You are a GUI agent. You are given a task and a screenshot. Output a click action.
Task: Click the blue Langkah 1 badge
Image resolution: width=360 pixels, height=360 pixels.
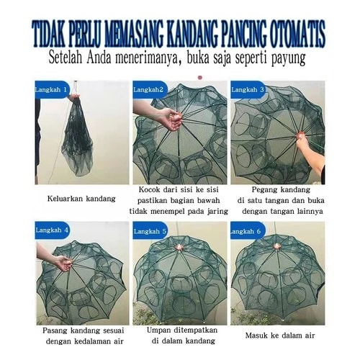coord(52,89)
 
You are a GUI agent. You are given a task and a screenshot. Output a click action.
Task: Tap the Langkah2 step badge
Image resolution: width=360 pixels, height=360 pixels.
coord(150,89)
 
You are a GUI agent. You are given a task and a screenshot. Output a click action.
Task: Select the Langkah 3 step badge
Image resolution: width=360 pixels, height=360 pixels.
coord(248,89)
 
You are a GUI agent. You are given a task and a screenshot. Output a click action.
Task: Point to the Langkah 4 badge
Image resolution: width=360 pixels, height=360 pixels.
coord(52,230)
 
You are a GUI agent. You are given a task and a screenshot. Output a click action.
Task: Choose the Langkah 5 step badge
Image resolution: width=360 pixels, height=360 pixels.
coord(150,231)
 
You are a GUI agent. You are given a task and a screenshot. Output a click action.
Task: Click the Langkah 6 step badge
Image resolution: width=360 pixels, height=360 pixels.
coord(248,231)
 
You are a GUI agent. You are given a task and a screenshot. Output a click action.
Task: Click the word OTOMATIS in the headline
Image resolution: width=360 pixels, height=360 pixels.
coord(298,34)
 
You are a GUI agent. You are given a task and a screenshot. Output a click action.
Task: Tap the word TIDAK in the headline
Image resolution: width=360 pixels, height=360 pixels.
coord(49,34)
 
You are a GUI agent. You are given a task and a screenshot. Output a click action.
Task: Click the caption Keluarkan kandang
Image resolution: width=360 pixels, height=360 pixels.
coord(81,199)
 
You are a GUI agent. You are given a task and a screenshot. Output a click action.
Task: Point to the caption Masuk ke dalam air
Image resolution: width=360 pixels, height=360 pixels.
coord(280,335)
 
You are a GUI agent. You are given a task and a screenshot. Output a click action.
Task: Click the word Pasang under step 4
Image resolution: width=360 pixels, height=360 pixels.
coord(55,330)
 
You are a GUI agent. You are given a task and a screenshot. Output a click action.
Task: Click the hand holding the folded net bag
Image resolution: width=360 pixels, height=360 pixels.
coord(73,97)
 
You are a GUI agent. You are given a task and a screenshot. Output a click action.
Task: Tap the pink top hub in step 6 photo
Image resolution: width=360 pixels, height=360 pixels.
coord(278,246)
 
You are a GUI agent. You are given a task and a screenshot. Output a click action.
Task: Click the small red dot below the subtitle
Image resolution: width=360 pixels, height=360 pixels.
coord(200,77)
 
